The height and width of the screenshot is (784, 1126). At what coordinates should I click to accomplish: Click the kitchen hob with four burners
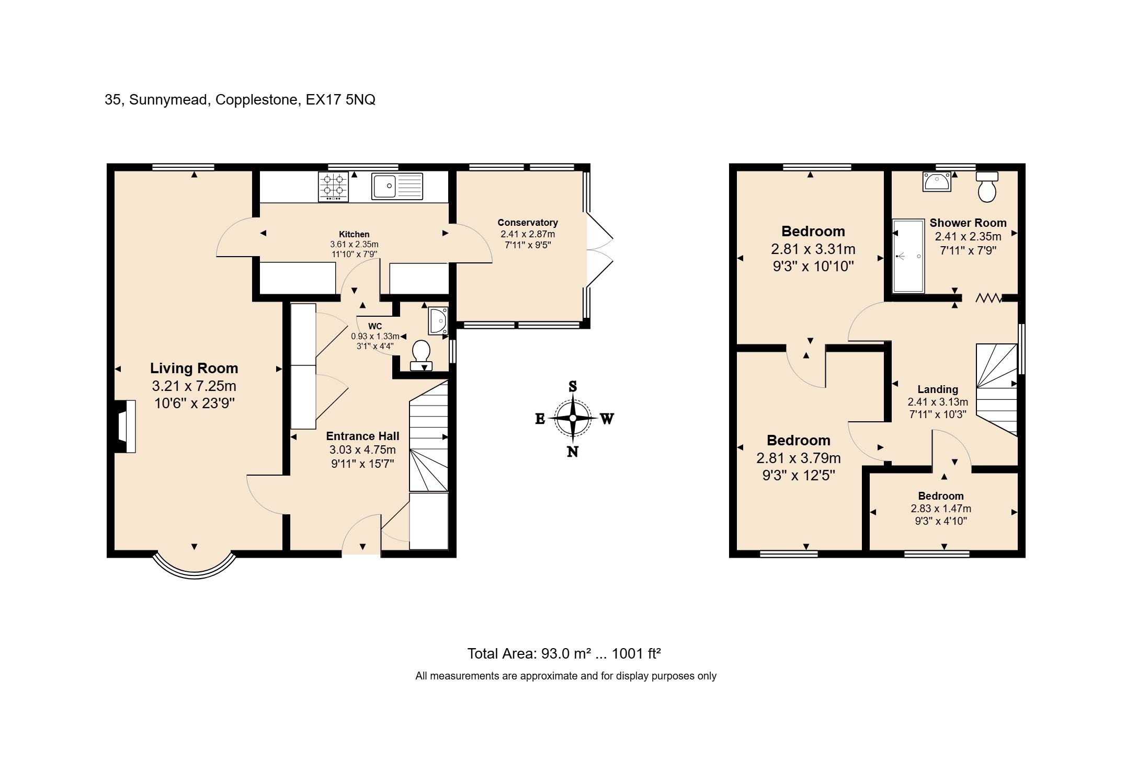(x=333, y=187)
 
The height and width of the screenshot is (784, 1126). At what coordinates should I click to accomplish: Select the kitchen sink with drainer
(x=397, y=187)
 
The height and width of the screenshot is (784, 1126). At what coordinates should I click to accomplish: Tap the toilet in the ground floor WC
(x=421, y=354)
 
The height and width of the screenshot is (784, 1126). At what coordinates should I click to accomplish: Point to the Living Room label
(x=194, y=368)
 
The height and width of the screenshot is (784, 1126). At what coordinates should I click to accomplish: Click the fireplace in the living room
(x=126, y=426)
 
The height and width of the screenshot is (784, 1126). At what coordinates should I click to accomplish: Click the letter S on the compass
(x=573, y=387)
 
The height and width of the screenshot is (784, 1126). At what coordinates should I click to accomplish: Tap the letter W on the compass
(x=607, y=419)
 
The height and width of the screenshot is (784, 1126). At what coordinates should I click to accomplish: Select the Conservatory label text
(x=527, y=223)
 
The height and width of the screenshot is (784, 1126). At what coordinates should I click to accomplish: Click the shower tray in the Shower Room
(x=908, y=256)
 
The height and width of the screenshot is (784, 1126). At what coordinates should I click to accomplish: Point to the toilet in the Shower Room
(x=987, y=187)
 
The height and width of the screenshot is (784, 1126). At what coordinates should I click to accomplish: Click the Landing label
(x=938, y=389)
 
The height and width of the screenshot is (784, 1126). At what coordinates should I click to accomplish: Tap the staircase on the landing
(x=996, y=389)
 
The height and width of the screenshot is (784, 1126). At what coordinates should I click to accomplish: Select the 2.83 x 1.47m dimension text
(x=940, y=509)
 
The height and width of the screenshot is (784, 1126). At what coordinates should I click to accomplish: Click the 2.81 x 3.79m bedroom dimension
(x=798, y=458)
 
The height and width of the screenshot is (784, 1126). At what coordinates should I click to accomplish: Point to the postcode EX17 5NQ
(x=340, y=100)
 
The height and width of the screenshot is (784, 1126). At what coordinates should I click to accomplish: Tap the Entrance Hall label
(x=362, y=436)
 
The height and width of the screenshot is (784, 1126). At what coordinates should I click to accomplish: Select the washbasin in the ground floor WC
(x=438, y=320)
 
